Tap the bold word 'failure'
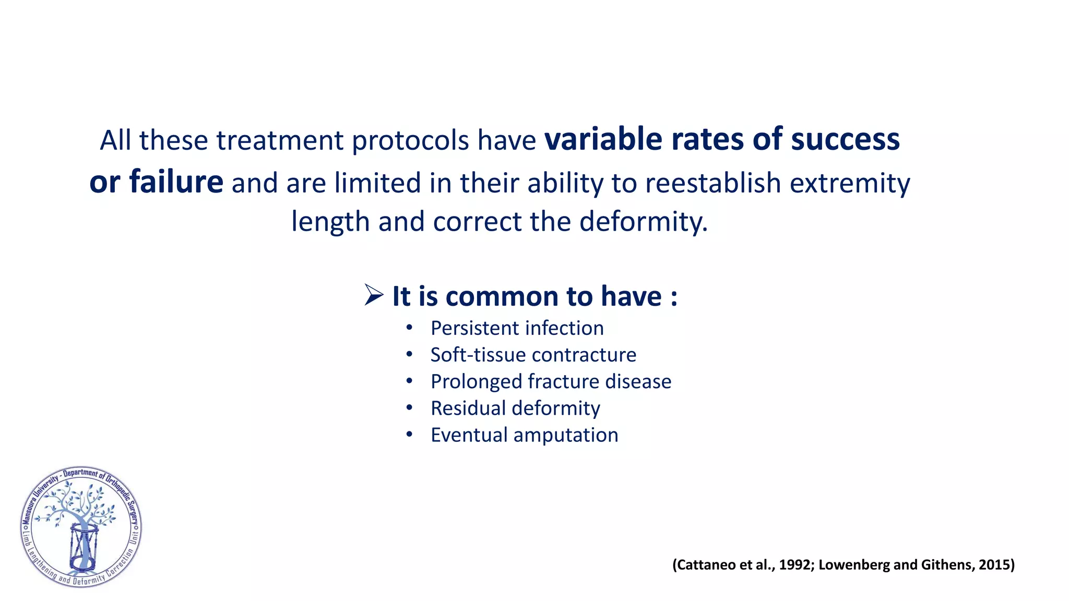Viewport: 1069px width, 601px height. [x=176, y=183]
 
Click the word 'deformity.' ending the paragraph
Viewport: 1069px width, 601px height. [x=643, y=221]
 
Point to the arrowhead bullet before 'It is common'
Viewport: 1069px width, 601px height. [x=374, y=295]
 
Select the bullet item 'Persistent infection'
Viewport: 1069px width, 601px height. [x=517, y=328]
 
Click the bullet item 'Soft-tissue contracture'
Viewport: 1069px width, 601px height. [x=533, y=355]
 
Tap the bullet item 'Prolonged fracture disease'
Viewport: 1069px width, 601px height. [x=551, y=381]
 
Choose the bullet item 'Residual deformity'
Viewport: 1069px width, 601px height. [x=515, y=408]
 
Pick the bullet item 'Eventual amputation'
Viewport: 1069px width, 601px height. [x=524, y=435]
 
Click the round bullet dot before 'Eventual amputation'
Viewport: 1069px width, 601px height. [x=409, y=435]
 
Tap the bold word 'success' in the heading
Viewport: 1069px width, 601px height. [x=845, y=140]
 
